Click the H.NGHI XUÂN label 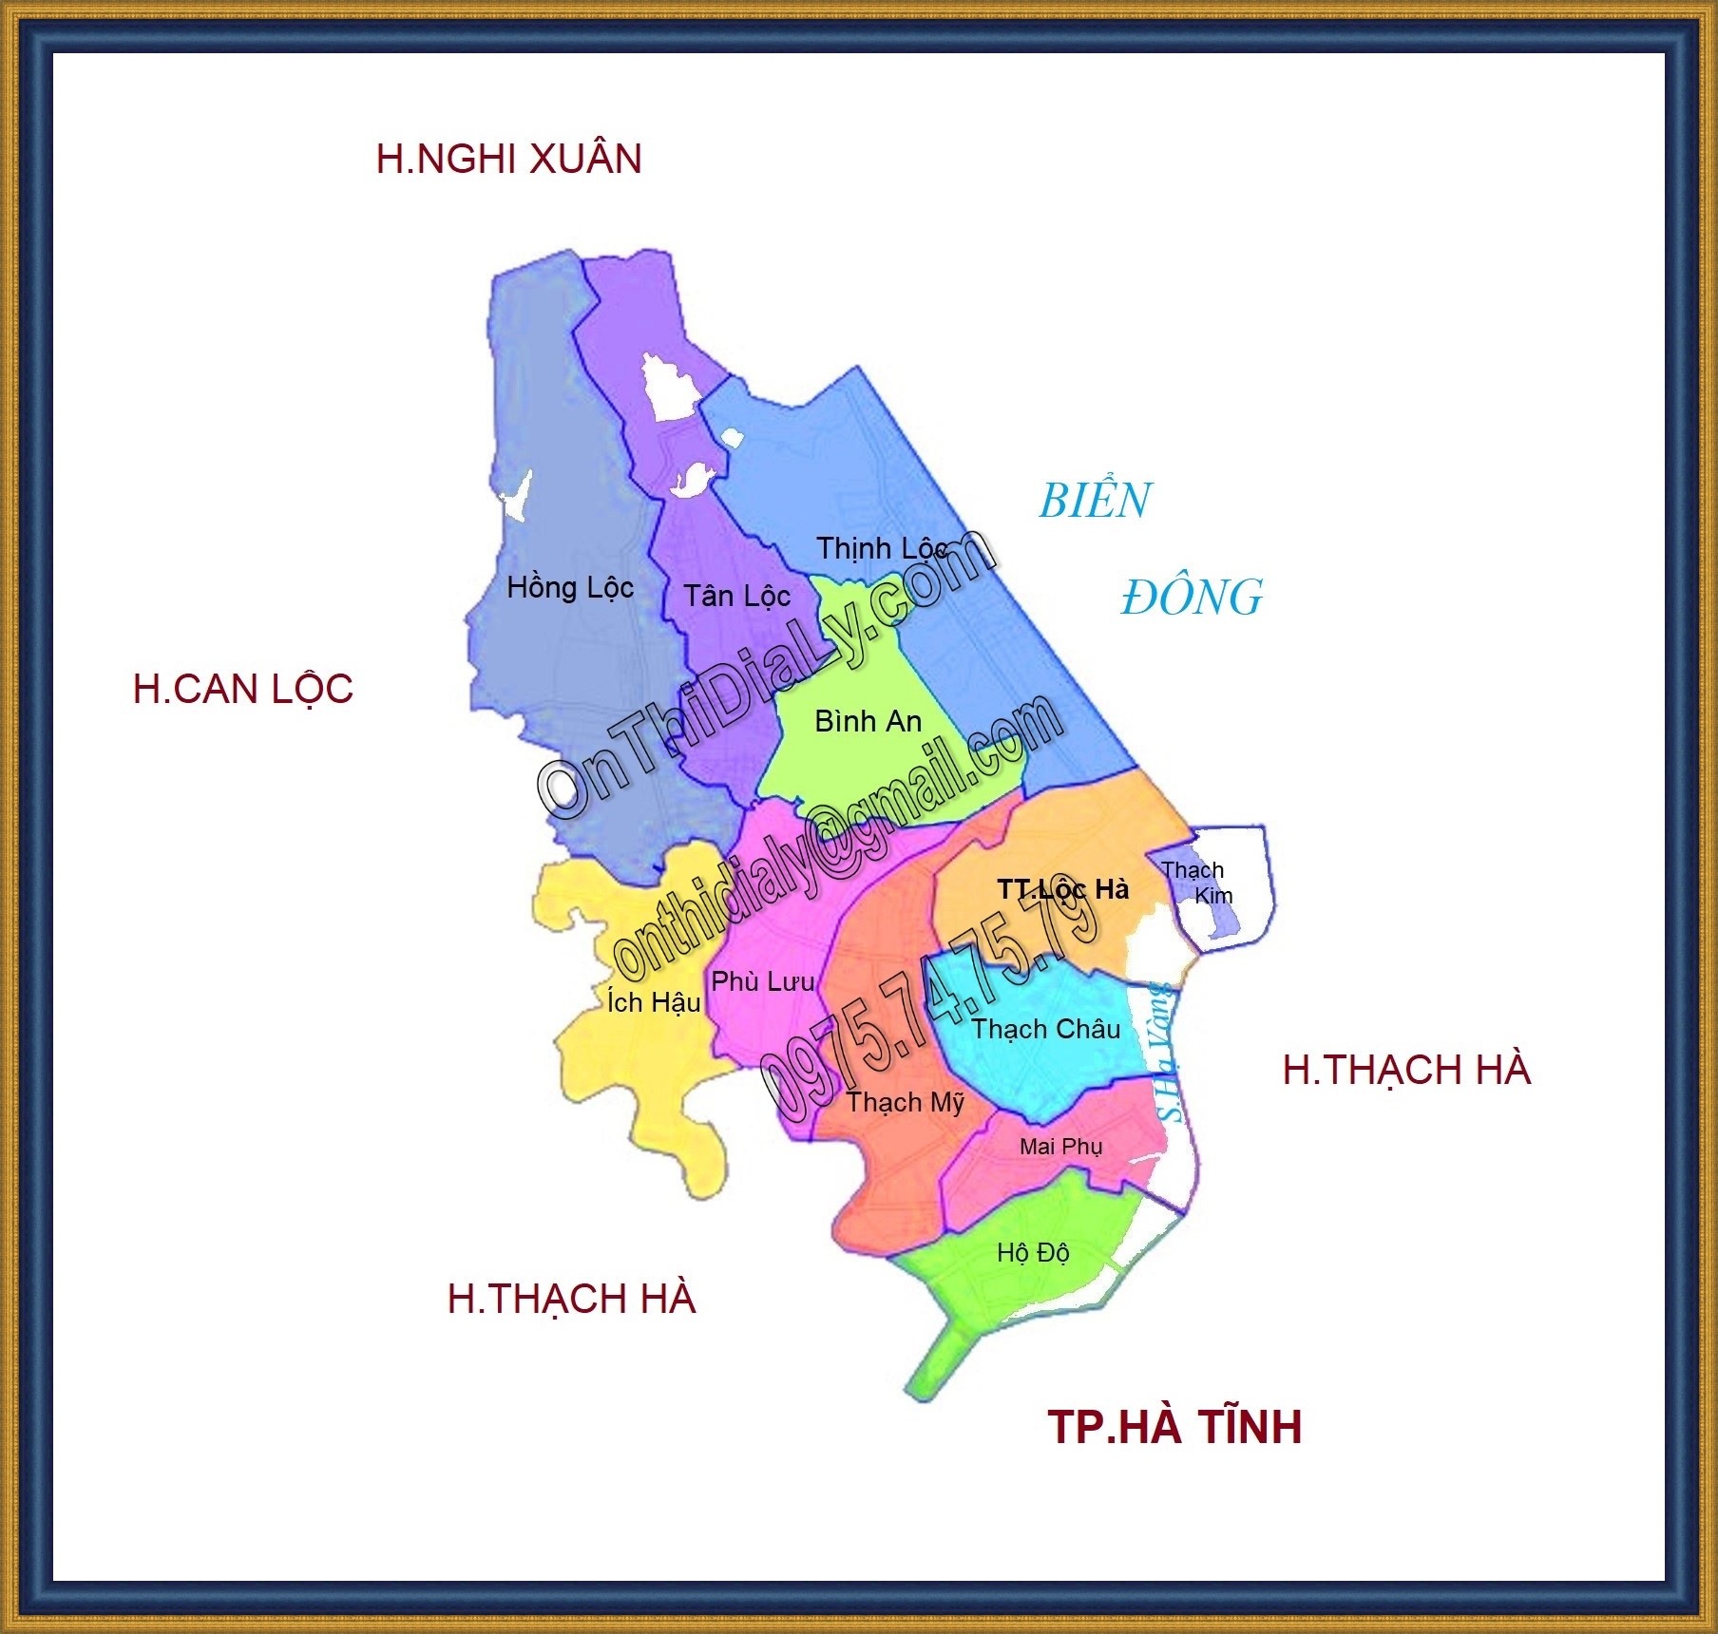point(508,159)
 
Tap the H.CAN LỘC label point(243,689)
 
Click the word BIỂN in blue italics point(1095,501)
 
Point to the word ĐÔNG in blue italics point(1192,598)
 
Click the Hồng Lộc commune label point(570,588)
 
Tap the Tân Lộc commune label point(737,597)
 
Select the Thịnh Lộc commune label point(882,549)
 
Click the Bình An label point(869,722)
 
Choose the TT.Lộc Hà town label point(1062,889)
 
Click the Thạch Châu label point(1045,1029)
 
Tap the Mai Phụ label point(1060,1147)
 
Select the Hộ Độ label point(1033,1254)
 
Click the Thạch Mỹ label point(905,1103)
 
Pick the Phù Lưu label point(763,981)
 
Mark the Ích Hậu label point(654,1002)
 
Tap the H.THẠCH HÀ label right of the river point(1406,1071)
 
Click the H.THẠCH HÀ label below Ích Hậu point(571,1300)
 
